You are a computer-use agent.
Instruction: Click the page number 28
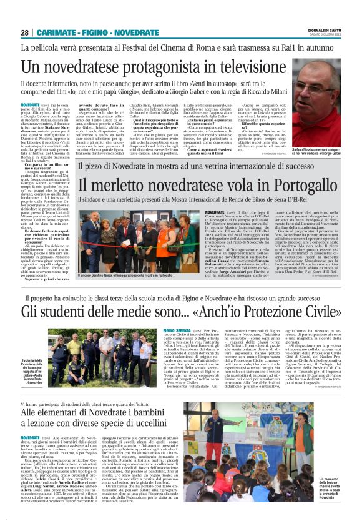(24, 32)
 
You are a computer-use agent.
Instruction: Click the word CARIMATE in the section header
(57, 32)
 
